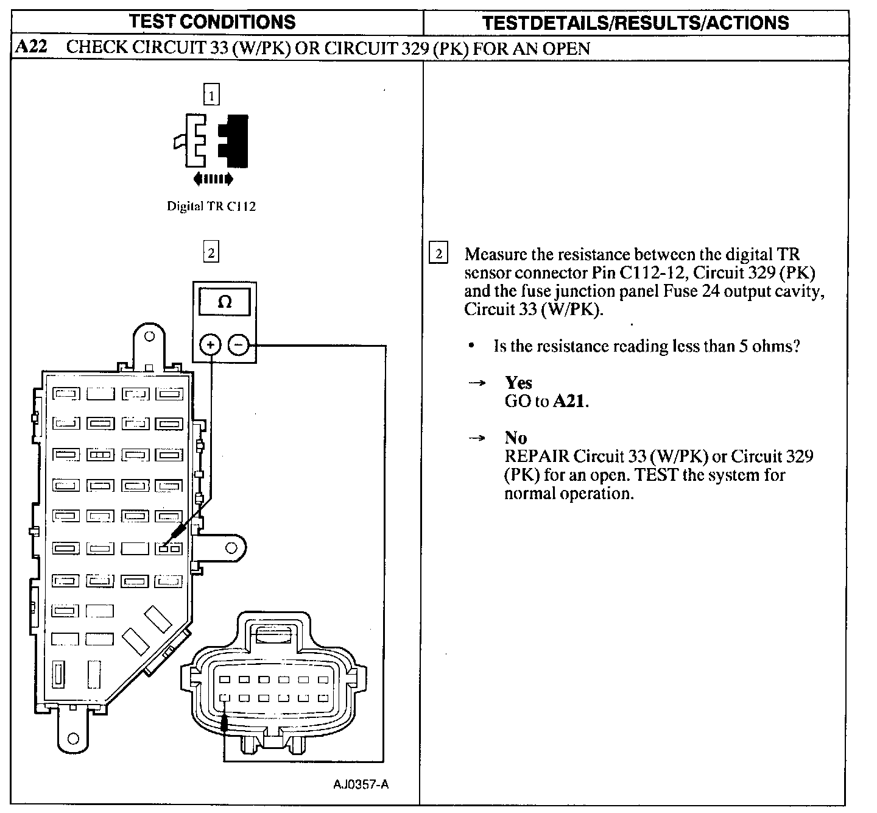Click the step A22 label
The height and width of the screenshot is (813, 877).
[x=30, y=48]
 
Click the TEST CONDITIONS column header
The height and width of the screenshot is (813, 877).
[x=212, y=22]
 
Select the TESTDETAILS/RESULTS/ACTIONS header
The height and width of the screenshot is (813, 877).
[x=635, y=23]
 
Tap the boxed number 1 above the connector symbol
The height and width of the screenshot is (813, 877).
[x=211, y=96]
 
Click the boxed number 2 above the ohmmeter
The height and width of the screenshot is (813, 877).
[x=211, y=252]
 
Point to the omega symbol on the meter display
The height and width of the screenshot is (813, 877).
[x=224, y=302]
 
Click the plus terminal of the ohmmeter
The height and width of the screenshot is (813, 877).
[x=211, y=346]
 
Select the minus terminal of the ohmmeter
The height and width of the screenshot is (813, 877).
[x=238, y=346]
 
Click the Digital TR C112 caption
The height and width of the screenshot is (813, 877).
[x=211, y=206]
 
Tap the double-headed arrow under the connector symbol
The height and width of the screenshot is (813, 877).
[x=212, y=179]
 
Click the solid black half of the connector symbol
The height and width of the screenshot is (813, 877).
[x=236, y=141]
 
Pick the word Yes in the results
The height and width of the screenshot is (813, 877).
[x=518, y=383]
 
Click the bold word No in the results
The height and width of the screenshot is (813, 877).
[x=516, y=438]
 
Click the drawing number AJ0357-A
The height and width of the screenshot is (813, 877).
[x=361, y=784]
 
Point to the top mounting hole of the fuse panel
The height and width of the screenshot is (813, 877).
[x=149, y=335]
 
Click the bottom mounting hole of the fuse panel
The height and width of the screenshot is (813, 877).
[x=73, y=739]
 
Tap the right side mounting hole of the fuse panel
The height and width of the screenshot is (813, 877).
[x=231, y=548]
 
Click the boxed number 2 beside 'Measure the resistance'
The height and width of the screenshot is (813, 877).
[x=438, y=253]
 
